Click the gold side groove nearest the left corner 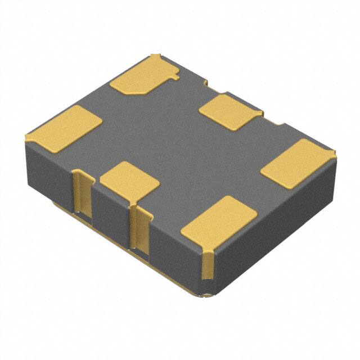82,194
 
